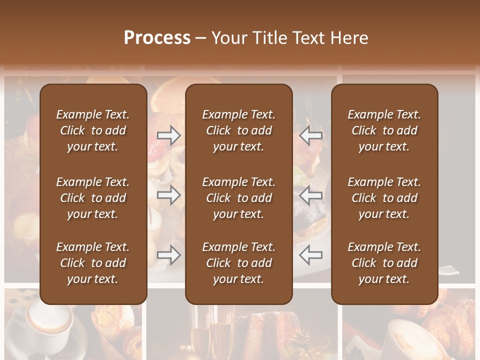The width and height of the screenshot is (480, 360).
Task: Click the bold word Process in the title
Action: [x=157, y=38]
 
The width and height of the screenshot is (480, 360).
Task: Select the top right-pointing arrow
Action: [x=169, y=135]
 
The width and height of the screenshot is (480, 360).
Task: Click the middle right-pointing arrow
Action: [x=169, y=195]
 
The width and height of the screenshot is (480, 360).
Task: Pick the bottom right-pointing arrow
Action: [x=169, y=255]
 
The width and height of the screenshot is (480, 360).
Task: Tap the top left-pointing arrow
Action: [x=310, y=135]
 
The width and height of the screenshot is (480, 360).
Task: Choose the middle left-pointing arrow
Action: [x=310, y=195]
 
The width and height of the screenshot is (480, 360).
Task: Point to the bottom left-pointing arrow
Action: [x=310, y=255]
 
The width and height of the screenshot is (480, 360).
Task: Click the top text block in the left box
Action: [x=93, y=130]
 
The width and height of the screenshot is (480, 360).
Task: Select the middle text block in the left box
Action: [x=93, y=198]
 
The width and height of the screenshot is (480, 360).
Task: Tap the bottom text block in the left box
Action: [x=93, y=263]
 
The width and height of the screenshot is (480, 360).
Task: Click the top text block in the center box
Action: [x=239, y=130]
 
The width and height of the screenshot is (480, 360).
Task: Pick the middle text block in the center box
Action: [x=239, y=198]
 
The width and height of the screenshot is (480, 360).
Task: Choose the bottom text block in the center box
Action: [x=239, y=263]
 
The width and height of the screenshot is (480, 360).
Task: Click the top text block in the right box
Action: [x=384, y=130]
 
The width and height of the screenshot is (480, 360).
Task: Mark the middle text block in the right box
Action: [x=384, y=198]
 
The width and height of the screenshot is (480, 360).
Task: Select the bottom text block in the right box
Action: [x=384, y=263]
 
